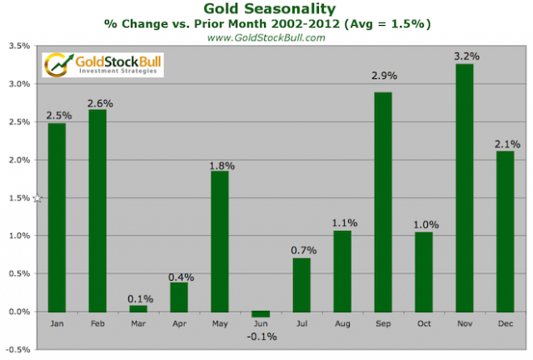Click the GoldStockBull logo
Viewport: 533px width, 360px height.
point(102,64)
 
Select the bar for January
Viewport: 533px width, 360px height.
point(57,217)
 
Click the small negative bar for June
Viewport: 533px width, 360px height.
point(262,314)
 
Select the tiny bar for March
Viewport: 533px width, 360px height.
point(138,308)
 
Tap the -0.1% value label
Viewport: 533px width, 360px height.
point(262,336)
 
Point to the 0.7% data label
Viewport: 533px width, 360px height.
point(302,249)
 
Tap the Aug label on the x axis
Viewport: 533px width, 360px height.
point(343,323)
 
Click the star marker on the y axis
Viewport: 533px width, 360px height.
point(37,197)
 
